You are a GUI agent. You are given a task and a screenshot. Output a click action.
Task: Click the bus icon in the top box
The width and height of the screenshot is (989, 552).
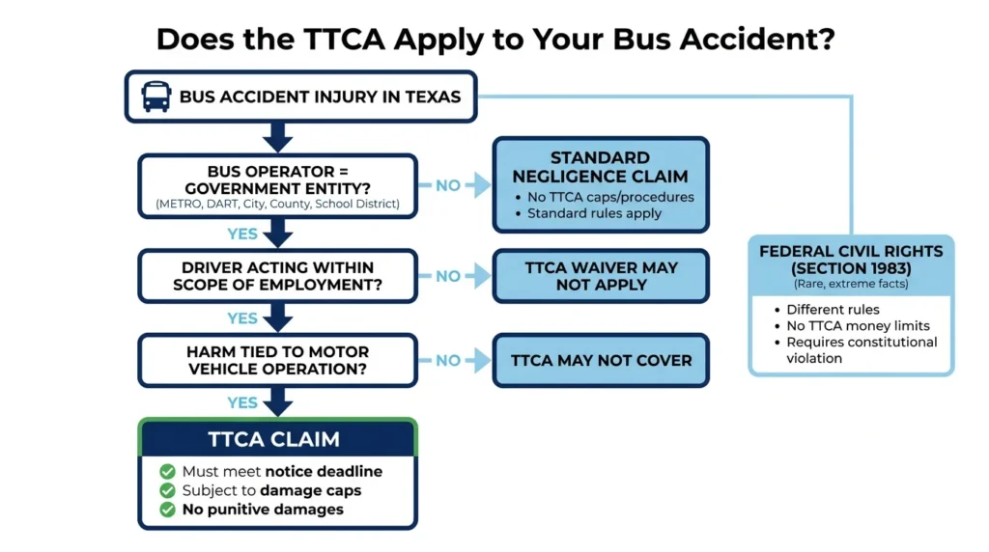tap(155, 97)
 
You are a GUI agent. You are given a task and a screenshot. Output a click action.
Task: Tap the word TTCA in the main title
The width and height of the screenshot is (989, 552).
tap(344, 39)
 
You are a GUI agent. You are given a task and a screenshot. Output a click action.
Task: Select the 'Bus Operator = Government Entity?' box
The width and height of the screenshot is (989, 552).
tap(277, 186)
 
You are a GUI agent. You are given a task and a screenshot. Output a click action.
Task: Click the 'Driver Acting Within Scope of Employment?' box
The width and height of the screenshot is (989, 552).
tap(277, 276)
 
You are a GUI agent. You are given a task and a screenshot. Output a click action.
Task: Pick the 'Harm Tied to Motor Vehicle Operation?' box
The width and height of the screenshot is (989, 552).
tap(277, 360)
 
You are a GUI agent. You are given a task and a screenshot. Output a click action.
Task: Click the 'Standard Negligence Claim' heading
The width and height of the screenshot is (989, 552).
tap(600, 167)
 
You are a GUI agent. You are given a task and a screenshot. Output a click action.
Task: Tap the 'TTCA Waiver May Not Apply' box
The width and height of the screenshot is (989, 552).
tap(601, 276)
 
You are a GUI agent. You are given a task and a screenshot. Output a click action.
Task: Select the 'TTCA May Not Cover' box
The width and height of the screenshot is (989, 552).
tap(601, 360)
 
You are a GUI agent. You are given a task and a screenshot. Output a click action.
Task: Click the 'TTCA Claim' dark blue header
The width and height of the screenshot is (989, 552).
tap(277, 438)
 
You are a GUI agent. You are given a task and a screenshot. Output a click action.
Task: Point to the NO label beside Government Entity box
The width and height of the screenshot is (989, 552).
tap(448, 186)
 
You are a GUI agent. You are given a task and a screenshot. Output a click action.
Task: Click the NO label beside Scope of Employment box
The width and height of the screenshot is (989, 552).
tap(448, 277)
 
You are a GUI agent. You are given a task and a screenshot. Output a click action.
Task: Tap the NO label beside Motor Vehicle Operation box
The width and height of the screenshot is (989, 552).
tap(448, 361)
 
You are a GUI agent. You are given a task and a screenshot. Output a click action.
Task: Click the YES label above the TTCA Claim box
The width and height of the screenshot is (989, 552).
tap(242, 402)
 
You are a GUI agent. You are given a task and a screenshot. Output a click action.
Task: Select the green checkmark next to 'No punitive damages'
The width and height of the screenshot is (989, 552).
tap(167, 510)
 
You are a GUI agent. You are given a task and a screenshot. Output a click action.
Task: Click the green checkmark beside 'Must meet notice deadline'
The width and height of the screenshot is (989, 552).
tap(167, 471)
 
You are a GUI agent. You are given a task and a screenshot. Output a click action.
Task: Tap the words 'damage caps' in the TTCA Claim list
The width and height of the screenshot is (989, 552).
tap(310, 490)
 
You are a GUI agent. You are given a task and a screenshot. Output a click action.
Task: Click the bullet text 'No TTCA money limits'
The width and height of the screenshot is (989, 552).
tap(858, 326)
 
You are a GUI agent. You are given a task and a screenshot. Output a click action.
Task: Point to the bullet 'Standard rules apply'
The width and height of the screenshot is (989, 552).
tap(594, 213)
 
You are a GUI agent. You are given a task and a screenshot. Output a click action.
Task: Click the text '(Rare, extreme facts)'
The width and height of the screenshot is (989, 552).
tap(851, 284)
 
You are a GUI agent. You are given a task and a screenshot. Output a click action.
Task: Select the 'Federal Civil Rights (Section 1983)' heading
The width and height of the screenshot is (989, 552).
tap(851, 260)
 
